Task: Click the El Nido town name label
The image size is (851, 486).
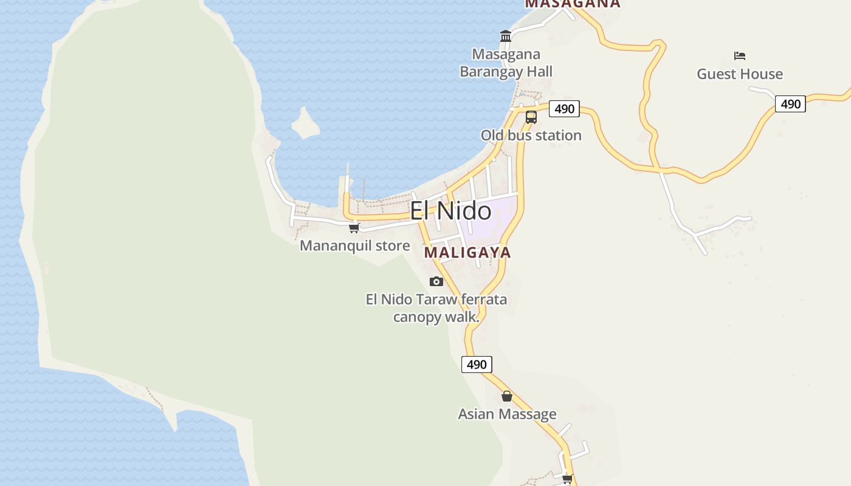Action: click(450, 211)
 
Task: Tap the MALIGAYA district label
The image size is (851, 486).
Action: click(467, 252)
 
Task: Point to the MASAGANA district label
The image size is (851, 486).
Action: click(573, 4)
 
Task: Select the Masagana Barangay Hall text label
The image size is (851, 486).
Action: click(506, 63)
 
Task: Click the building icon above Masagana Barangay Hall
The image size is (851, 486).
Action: click(506, 36)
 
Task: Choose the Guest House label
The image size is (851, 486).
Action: click(739, 74)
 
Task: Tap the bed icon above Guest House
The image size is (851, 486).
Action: click(739, 56)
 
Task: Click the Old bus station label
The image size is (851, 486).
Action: click(531, 135)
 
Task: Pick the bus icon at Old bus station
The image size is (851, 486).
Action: click(531, 117)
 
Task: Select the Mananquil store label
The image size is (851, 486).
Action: click(355, 246)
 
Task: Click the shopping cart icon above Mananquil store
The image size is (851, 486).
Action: click(354, 228)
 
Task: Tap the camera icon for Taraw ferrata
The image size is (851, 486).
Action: click(436, 281)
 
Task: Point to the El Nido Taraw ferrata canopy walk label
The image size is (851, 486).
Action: click(436, 308)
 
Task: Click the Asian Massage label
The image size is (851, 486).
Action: click(507, 414)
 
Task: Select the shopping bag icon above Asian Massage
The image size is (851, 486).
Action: click(507, 397)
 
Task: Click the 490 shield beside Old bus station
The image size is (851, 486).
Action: click(564, 109)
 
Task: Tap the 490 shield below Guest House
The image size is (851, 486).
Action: click(790, 104)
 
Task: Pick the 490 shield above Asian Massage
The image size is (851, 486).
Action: click(477, 364)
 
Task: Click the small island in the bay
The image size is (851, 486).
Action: click(305, 124)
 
